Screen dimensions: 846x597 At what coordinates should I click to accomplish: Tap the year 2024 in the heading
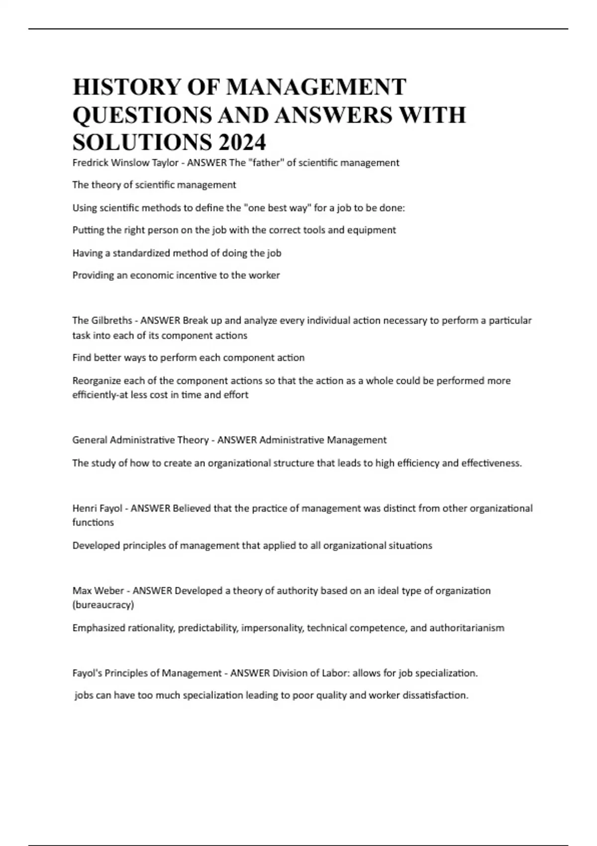241,143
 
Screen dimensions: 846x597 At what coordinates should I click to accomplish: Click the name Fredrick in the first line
90,163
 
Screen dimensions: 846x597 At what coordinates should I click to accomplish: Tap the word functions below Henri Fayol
93,523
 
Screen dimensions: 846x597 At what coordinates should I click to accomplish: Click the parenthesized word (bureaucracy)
103,605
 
